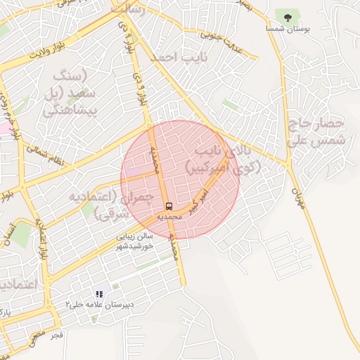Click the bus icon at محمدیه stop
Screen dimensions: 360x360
169,206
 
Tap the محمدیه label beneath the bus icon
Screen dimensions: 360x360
169,217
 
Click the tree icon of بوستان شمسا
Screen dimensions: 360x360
286,16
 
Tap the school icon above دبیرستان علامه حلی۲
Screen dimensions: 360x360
99,294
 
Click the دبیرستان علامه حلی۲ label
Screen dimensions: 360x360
99,304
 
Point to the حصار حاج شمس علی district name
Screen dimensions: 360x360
316,131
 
